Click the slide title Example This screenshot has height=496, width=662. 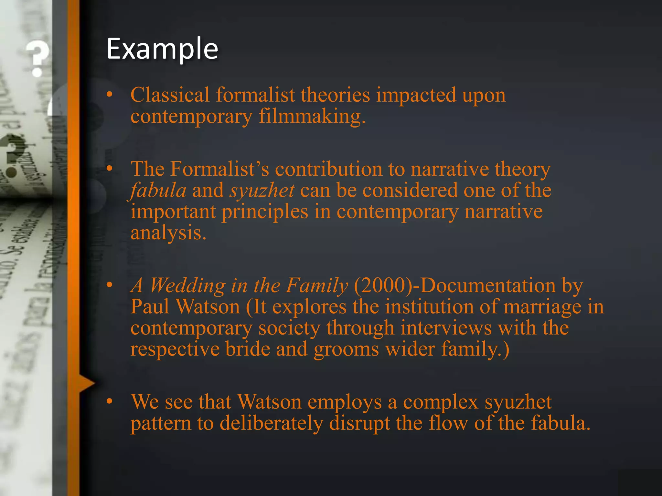(162, 49)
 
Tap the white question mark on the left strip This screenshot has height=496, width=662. (38, 58)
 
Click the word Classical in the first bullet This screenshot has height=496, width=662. (170, 95)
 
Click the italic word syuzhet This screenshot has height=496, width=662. (262, 191)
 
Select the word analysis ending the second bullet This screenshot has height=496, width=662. (168, 233)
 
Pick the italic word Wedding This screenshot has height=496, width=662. (187, 286)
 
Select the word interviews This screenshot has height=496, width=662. (446, 328)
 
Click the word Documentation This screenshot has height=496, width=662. (488, 286)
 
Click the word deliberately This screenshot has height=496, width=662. (272, 423)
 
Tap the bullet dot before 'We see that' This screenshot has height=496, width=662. (110, 401)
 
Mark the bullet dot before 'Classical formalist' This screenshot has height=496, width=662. (110, 94)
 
